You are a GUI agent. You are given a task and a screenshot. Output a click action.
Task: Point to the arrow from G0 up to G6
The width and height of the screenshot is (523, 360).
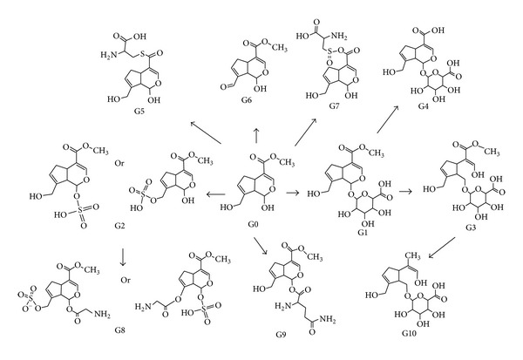click(255, 132)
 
